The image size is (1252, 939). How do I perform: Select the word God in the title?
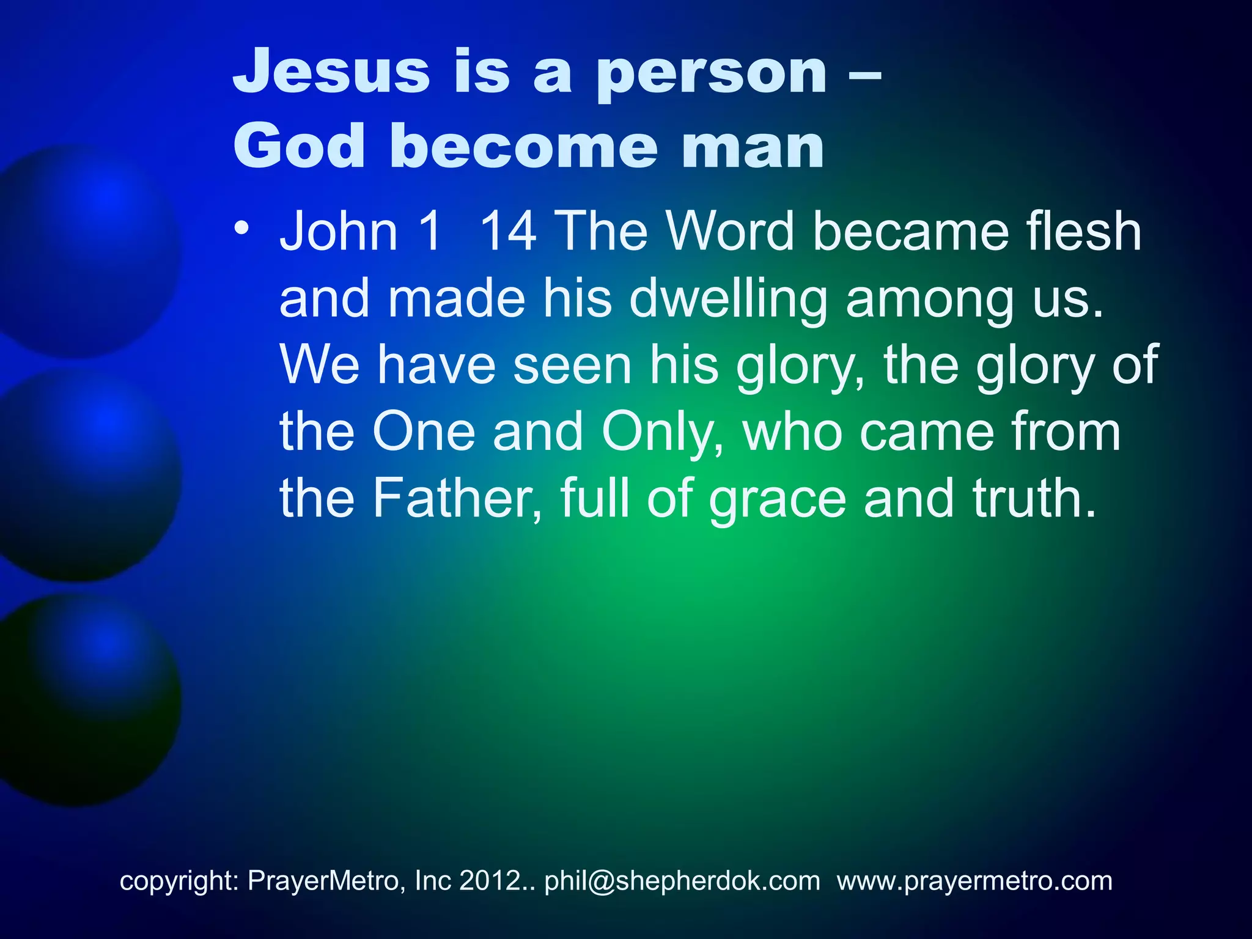coord(299,147)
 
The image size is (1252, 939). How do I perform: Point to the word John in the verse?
coord(339,232)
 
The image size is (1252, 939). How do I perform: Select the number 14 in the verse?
coord(507,232)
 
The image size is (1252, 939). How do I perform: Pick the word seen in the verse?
coord(572,366)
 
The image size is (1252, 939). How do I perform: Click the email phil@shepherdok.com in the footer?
coord(682,881)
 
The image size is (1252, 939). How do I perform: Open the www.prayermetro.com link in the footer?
coord(974,881)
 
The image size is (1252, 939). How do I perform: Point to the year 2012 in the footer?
coord(489,881)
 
